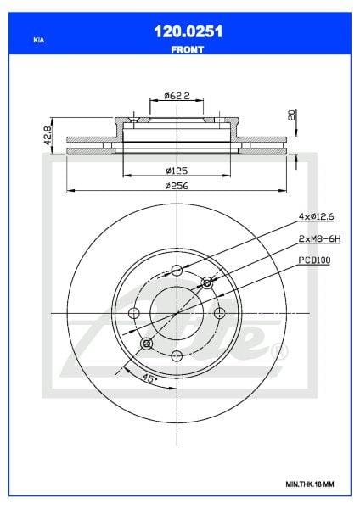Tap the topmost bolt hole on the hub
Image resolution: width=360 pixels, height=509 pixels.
(x=176, y=271)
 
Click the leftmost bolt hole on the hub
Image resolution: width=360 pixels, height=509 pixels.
(x=133, y=314)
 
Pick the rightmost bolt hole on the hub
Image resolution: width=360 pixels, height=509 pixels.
(x=218, y=314)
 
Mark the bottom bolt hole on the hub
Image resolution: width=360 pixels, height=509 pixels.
(x=176, y=356)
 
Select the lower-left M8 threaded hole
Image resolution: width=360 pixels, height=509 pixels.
(x=146, y=344)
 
